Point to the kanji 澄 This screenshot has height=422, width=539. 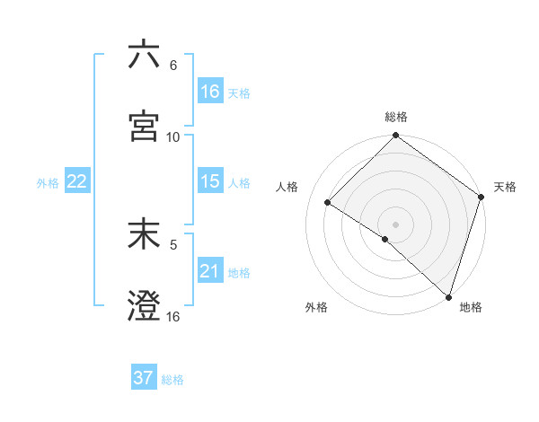pos(144,306)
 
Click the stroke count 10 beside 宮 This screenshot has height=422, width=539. pos(173,137)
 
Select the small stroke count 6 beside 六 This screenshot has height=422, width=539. pos(173,66)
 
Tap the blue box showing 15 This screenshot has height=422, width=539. pos(210,181)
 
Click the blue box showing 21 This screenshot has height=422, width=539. pos(210,271)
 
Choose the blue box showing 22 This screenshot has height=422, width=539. pos(77,181)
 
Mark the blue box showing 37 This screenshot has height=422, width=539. pos(144,378)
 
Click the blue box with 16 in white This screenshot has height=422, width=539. pos(210,92)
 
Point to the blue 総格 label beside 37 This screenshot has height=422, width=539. pos(172,380)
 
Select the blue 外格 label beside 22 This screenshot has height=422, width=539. pos(48,183)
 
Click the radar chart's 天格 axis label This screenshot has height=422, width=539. pos(505,187)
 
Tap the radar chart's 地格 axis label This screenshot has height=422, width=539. pos(471,307)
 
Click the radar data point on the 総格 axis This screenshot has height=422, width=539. pos(395,136)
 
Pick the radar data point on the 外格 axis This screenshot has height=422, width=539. pos(384,239)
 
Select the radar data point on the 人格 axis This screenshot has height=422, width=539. pos(328,203)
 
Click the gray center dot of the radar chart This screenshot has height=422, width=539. pos(395,224)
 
